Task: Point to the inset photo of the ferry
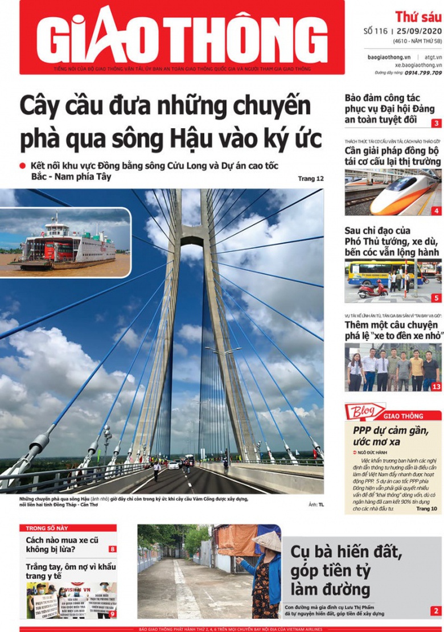pos(66,243)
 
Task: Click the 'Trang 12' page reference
pos(311,179)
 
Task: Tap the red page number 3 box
pos(436,124)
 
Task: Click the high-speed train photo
pos(393,192)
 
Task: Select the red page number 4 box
pos(436,211)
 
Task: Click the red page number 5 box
pos(436,298)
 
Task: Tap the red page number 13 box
pos(436,387)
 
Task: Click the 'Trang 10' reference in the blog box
pos(426,508)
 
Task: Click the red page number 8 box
pos(113,549)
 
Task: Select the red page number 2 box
pos(435,612)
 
